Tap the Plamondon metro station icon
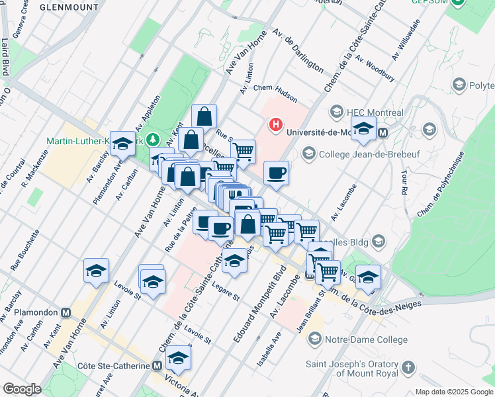click(x=66, y=312)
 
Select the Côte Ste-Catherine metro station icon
click(x=157, y=365)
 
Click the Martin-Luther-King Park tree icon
click(x=153, y=140)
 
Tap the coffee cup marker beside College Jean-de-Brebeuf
click(x=276, y=173)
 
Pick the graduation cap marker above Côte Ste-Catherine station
click(x=178, y=358)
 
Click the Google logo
click(x=22, y=389)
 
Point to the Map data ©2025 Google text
click(x=453, y=392)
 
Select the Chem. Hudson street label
click(x=275, y=93)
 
